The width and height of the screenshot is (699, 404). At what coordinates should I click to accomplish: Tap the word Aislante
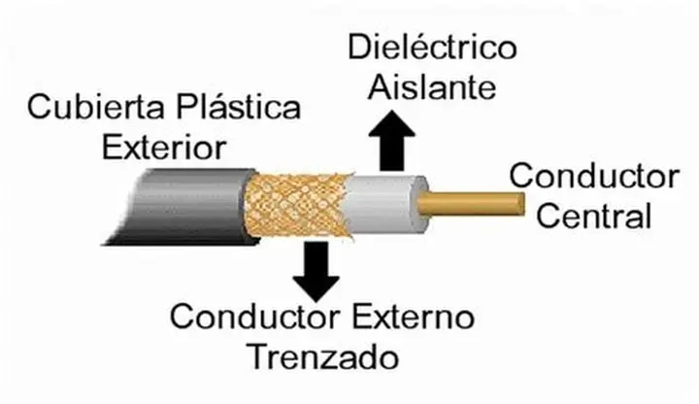click(x=432, y=89)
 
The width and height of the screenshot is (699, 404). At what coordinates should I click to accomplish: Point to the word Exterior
click(x=165, y=148)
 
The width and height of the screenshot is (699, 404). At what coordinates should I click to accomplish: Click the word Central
click(x=594, y=216)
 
